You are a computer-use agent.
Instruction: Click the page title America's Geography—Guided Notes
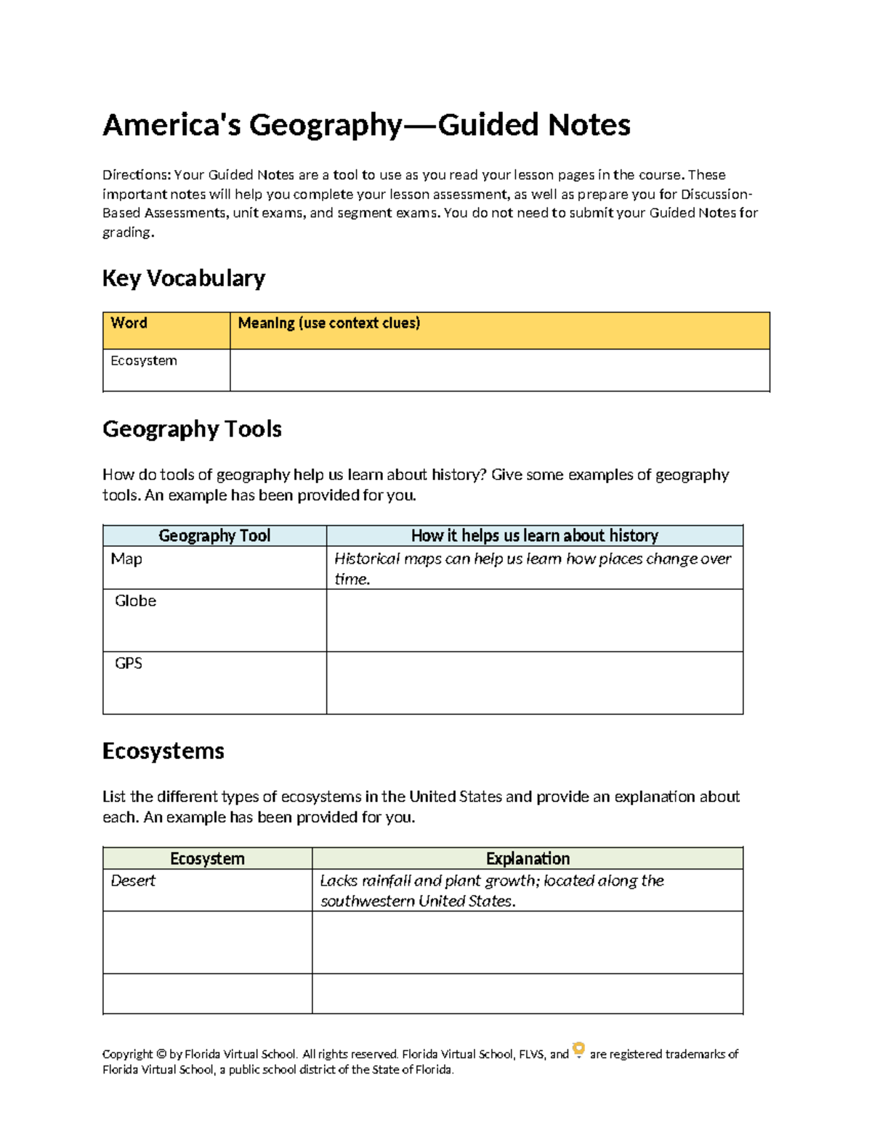(366, 125)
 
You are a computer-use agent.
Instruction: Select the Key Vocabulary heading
(183, 278)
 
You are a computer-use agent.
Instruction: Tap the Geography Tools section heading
(192, 429)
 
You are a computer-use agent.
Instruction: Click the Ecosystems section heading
(163, 751)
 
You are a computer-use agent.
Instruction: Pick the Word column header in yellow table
(129, 323)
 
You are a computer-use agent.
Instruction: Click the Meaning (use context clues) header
(328, 323)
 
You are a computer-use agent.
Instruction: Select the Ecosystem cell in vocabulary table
(144, 361)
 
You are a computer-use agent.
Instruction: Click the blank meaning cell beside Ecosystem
(499, 370)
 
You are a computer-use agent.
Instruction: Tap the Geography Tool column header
(214, 536)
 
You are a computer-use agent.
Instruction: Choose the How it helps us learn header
(534, 536)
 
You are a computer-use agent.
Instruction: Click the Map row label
(126, 559)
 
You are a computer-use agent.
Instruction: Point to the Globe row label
(135, 601)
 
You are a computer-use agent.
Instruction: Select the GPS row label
(129, 664)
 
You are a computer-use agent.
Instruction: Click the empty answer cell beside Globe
(534, 620)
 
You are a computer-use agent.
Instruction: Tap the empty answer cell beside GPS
(534, 683)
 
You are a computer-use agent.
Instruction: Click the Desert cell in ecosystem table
(133, 881)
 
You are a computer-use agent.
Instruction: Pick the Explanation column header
(528, 859)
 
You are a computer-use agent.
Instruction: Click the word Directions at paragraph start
(135, 175)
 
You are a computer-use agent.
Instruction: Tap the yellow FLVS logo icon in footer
(578, 1050)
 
